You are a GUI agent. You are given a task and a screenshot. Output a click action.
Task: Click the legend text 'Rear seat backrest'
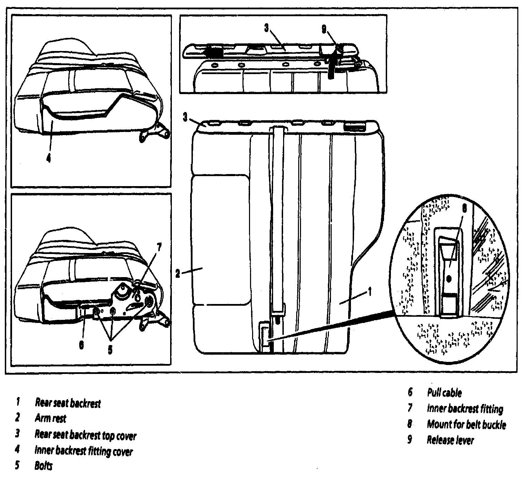click(68, 403)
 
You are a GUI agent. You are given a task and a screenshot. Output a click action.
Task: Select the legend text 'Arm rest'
click(50, 418)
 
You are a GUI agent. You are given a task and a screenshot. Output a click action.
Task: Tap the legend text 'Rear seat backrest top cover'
click(85, 435)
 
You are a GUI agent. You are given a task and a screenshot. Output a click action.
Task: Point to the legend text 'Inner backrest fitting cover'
click(83, 451)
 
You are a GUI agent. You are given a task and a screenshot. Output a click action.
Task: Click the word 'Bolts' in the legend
click(43, 466)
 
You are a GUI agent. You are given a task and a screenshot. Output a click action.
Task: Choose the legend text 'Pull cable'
click(444, 392)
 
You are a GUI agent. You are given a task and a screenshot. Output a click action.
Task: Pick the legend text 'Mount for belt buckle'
click(466, 424)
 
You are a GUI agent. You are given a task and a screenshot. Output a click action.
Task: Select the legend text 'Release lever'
click(450, 440)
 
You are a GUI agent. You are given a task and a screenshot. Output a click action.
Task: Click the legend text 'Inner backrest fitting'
click(465, 409)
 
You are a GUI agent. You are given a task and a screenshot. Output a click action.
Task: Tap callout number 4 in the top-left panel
click(49, 158)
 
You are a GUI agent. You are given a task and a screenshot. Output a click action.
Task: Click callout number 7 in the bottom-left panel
click(158, 248)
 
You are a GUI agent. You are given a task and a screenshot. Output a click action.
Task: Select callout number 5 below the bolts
click(110, 349)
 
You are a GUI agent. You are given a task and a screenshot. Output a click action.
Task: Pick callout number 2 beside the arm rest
click(178, 274)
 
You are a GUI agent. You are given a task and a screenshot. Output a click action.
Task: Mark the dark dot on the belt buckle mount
click(449, 278)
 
